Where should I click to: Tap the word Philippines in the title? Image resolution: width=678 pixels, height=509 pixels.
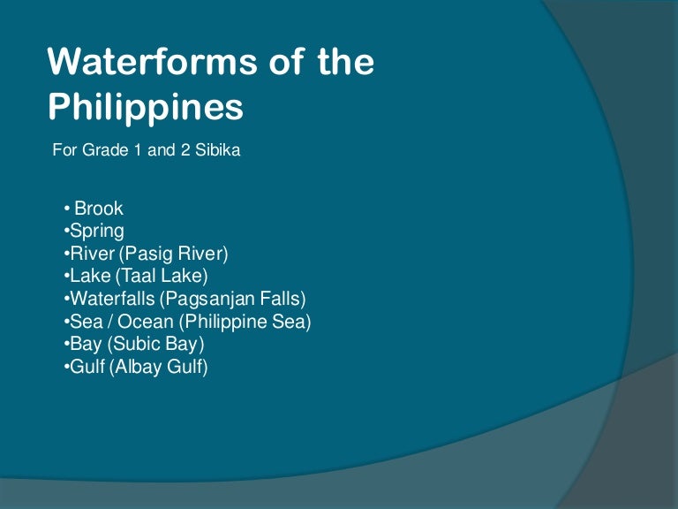[x=146, y=106]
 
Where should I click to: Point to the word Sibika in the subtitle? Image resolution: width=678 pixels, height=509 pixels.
[x=219, y=150]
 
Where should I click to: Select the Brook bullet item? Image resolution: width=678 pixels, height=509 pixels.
[x=99, y=209]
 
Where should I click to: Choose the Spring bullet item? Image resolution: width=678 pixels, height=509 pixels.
[x=97, y=232]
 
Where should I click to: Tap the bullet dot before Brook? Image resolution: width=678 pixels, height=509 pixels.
[x=67, y=210]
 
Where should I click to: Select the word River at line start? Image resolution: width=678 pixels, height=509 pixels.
[x=91, y=254]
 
